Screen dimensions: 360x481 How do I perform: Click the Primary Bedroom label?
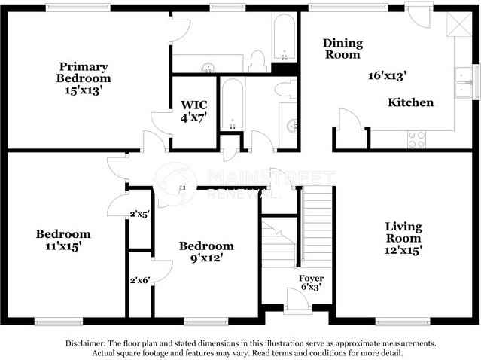(84, 72)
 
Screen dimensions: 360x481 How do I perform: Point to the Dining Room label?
(342, 48)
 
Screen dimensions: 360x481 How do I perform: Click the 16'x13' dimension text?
(387, 75)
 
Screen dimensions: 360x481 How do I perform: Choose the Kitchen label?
(410, 102)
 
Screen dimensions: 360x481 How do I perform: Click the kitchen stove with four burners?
(416, 138)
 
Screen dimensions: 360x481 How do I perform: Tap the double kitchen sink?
(462, 83)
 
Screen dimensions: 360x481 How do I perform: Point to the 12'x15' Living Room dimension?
(403, 249)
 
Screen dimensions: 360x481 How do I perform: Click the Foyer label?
(311, 279)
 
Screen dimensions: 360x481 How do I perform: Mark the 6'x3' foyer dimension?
(311, 288)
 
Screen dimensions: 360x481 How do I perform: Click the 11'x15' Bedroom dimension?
(63, 246)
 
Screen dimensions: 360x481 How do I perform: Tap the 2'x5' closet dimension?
(139, 215)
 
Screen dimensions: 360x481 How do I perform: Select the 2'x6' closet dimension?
(139, 280)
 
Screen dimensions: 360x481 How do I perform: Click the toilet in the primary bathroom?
(258, 60)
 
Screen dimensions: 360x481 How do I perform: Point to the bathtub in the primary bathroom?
(284, 38)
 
